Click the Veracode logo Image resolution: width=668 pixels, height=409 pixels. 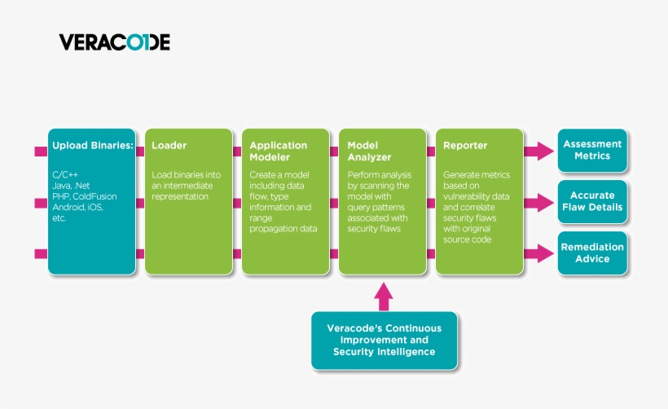(114, 42)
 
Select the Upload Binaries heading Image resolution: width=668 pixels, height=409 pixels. (93, 146)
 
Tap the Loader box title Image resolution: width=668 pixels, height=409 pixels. (169, 146)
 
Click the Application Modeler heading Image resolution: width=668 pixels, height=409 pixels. (279, 152)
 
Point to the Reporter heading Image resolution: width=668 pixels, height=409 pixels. (465, 146)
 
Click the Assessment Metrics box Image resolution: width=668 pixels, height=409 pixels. (592, 150)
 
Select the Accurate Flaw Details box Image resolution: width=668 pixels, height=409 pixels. (592, 201)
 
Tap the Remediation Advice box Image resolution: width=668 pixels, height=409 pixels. (592, 253)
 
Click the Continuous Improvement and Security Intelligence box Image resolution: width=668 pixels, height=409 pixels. (384, 340)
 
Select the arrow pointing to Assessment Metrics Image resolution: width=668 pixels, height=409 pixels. (539, 151)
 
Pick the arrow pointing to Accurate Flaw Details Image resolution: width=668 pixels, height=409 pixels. (539, 202)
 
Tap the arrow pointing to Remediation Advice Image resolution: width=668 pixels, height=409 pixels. (539, 253)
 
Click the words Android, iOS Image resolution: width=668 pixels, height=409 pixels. (79, 207)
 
